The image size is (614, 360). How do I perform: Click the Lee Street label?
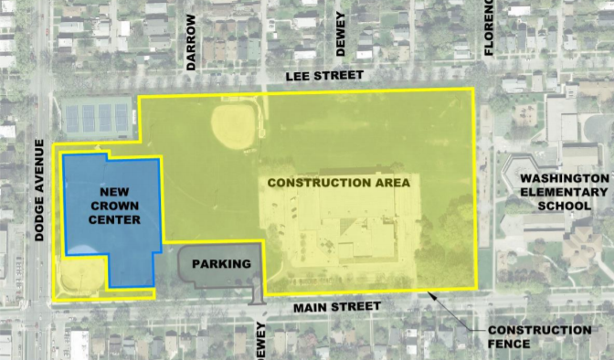click(x=324, y=76)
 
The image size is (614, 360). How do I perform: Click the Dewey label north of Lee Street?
click(x=341, y=34)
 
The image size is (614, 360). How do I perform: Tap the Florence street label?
click(x=489, y=27)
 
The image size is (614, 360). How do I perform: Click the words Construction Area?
click(x=339, y=182)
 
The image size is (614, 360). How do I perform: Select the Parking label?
click(x=221, y=264)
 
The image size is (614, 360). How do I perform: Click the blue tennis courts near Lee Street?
click(x=98, y=116)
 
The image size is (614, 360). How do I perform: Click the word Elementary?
click(x=559, y=192)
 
